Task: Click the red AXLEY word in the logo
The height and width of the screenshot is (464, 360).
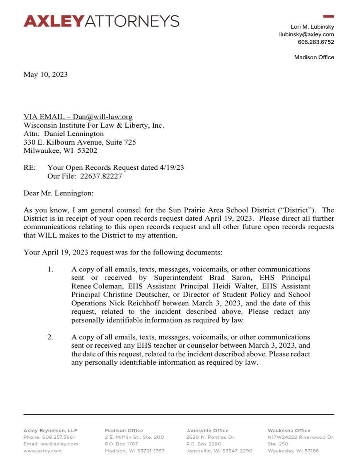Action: [54, 21]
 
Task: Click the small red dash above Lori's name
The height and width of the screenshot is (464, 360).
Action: [328, 16]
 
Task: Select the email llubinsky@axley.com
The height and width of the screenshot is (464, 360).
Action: [307, 34]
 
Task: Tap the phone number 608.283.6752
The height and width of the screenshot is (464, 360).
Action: [316, 42]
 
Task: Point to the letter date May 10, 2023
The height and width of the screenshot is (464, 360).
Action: [46, 74]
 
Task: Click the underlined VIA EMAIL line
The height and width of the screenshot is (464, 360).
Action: [78, 117]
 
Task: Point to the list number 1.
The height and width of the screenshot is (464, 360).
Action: [50, 270]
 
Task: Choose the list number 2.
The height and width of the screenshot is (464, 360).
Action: [50, 337]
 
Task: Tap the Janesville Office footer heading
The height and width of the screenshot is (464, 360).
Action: [207, 430]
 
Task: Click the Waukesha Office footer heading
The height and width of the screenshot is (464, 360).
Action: [288, 430]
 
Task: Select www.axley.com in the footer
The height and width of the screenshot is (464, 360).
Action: [43, 451]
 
